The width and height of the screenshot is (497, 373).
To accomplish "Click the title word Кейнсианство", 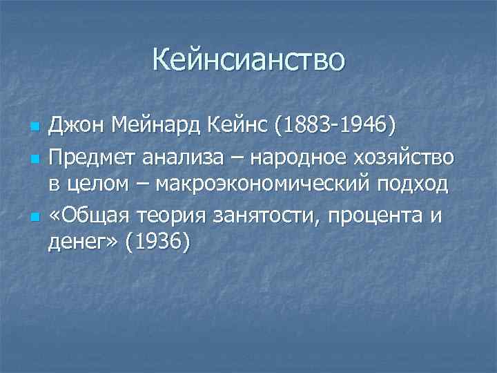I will pos(248,59).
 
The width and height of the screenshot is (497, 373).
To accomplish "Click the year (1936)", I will pos(158,244).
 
